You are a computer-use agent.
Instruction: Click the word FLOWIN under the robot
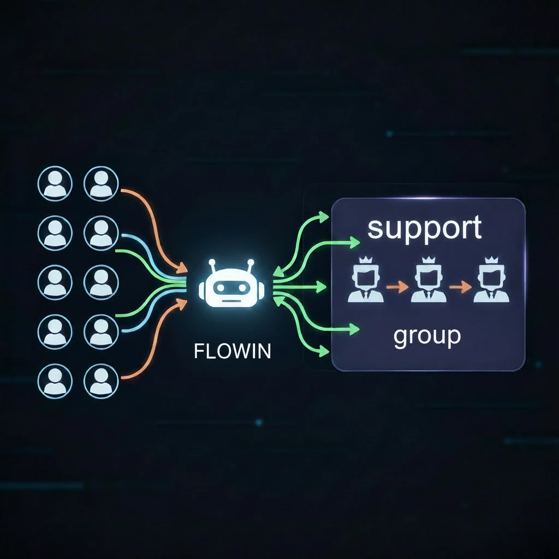232,350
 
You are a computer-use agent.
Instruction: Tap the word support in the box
425,228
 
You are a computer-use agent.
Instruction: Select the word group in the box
427,336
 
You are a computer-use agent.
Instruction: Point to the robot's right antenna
251,264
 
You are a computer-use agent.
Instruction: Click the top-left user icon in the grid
55,183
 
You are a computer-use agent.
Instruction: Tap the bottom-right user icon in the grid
101,380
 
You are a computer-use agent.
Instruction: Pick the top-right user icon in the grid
101,183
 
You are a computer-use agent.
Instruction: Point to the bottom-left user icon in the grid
55,380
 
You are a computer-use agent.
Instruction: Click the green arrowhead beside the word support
355,242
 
